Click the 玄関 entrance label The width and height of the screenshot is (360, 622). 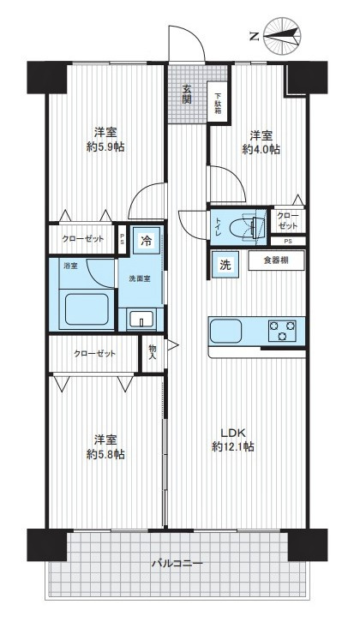(x=187, y=94)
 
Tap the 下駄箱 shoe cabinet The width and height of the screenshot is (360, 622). (x=218, y=103)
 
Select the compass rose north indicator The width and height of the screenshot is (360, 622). (x=282, y=36)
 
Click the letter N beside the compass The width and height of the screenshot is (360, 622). (x=254, y=38)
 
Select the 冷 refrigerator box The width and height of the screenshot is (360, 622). (x=147, y=241)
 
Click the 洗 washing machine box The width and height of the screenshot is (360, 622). (x=225, y=266)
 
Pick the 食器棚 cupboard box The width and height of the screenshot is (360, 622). (x=276, y=260)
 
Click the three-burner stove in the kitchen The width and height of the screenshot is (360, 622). (x=282, y=331)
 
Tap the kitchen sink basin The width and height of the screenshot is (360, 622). (x=225, y=331)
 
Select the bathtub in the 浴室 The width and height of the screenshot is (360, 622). (x=87, y=309)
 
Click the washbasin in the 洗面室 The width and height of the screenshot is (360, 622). (x=141, y=319)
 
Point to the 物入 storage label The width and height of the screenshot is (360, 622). (x=153, y=353)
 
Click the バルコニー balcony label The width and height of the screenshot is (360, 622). (x=177, y=563)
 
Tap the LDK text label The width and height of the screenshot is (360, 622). (x=234, y=433)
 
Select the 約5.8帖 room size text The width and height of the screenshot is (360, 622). (x=105, y=447)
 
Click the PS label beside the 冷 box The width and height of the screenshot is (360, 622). (x=123, y=240)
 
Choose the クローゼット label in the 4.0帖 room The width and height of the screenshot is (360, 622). (x=288, y=221)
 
